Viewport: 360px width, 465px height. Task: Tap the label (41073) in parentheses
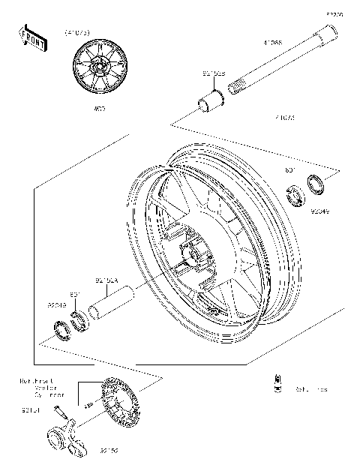click(x=78, y=33)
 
